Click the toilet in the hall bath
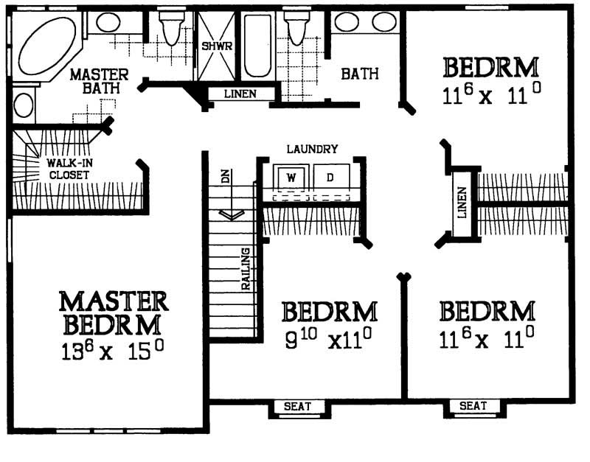[296, 28]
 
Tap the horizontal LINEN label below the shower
[241, 94]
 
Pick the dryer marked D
[330, 178]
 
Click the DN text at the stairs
[226, 178]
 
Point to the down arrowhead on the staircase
[232, 214]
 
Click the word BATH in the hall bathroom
[360, 74]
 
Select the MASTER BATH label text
[100, 81]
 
